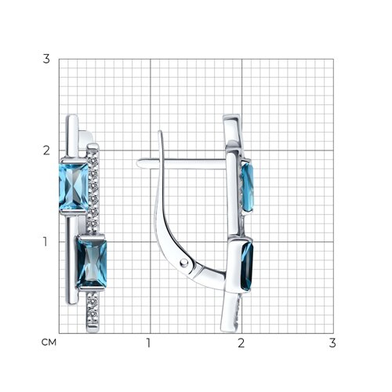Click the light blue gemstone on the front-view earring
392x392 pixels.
click(x=74, y=187)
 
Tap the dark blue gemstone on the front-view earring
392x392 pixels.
click(x=92, y=263)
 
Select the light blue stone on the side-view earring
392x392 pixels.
click(x=247, y=187)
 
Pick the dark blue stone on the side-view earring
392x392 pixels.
click(x=247, y=266)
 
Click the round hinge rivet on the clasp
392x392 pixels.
click(x=185, y=262)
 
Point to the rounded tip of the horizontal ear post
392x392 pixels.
click(x=139, y=163)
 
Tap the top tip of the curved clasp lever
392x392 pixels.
click(x=161, y=132)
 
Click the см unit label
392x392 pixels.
click(x=49, y=342)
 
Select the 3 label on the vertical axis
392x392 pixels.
click(x=46, y=59)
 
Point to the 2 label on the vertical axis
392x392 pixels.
click(x=46, y=151)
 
